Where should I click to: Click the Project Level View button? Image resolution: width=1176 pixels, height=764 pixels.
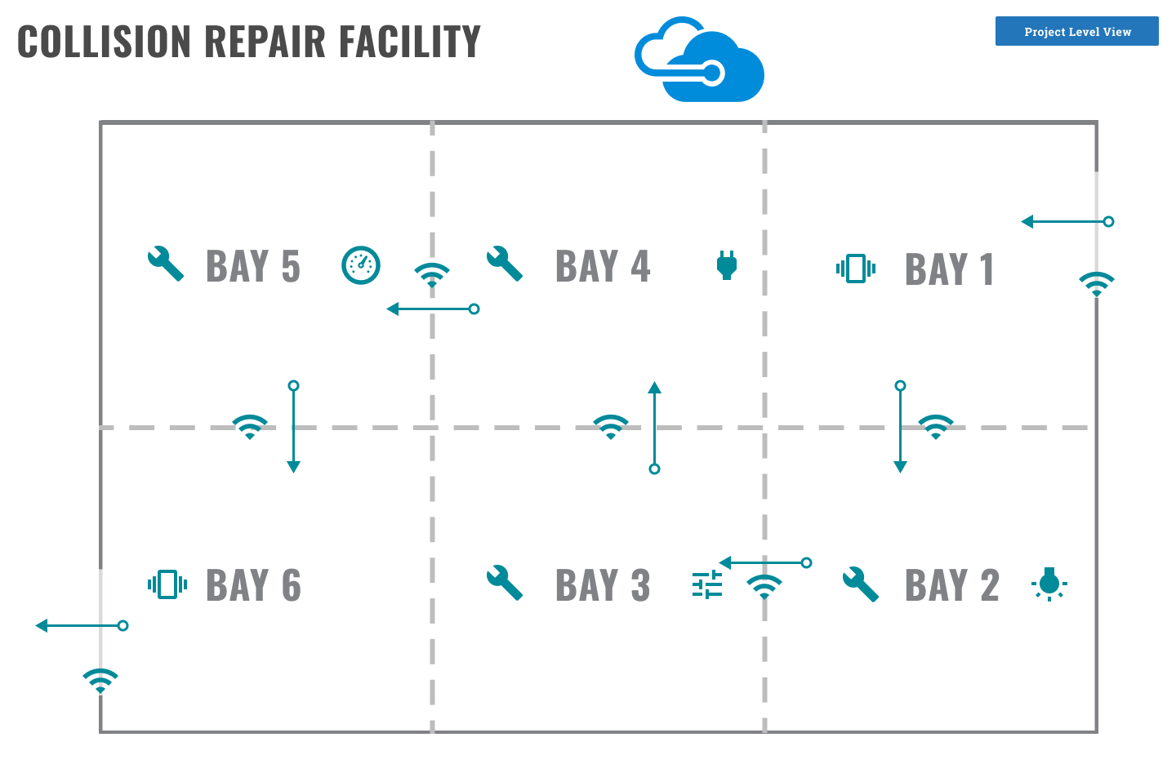(1076, 32)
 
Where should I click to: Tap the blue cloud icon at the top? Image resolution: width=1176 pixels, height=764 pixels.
(701, 61)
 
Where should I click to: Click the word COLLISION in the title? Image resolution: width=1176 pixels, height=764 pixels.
(104, 42)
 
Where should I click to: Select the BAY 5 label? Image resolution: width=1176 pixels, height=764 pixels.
(253, 267)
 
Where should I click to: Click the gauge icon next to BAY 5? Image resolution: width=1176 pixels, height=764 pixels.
(361, 265)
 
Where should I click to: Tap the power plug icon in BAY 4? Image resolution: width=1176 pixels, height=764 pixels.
(727, 265)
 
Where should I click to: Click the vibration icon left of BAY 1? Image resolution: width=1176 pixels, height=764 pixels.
(856, 268)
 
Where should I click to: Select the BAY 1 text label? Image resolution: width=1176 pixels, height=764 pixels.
(949, 269)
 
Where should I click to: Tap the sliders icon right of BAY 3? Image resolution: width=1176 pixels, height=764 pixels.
(707, 584)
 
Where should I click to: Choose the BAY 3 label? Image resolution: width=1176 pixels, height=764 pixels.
(603, 585)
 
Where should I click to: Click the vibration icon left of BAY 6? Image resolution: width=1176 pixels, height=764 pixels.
(167, 584)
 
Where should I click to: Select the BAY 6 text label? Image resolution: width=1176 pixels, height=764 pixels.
(253, 585)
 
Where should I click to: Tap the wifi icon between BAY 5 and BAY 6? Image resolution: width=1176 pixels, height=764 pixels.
(250, 427)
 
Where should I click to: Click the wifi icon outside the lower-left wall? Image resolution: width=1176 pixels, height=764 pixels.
(100, 680)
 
